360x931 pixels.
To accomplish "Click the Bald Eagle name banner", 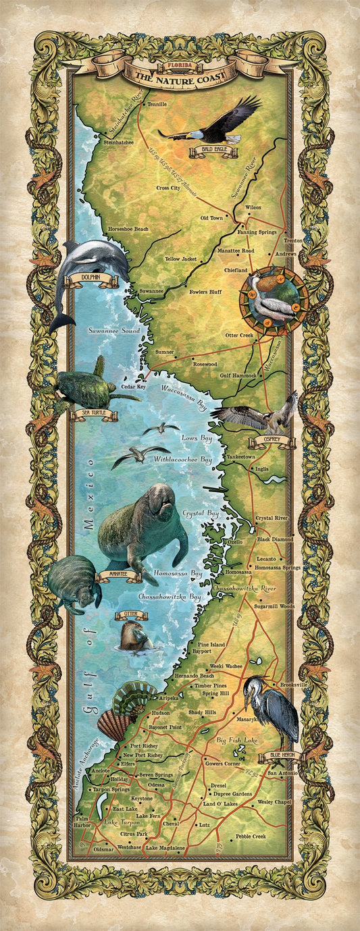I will point(213,152).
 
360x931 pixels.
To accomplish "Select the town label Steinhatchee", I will point(118,142).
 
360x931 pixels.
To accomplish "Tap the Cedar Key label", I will point(134,387).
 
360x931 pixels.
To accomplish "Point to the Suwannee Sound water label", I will point(113,331).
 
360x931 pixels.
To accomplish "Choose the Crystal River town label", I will point(272,518).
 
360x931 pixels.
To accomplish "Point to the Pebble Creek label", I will point(251,836).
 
